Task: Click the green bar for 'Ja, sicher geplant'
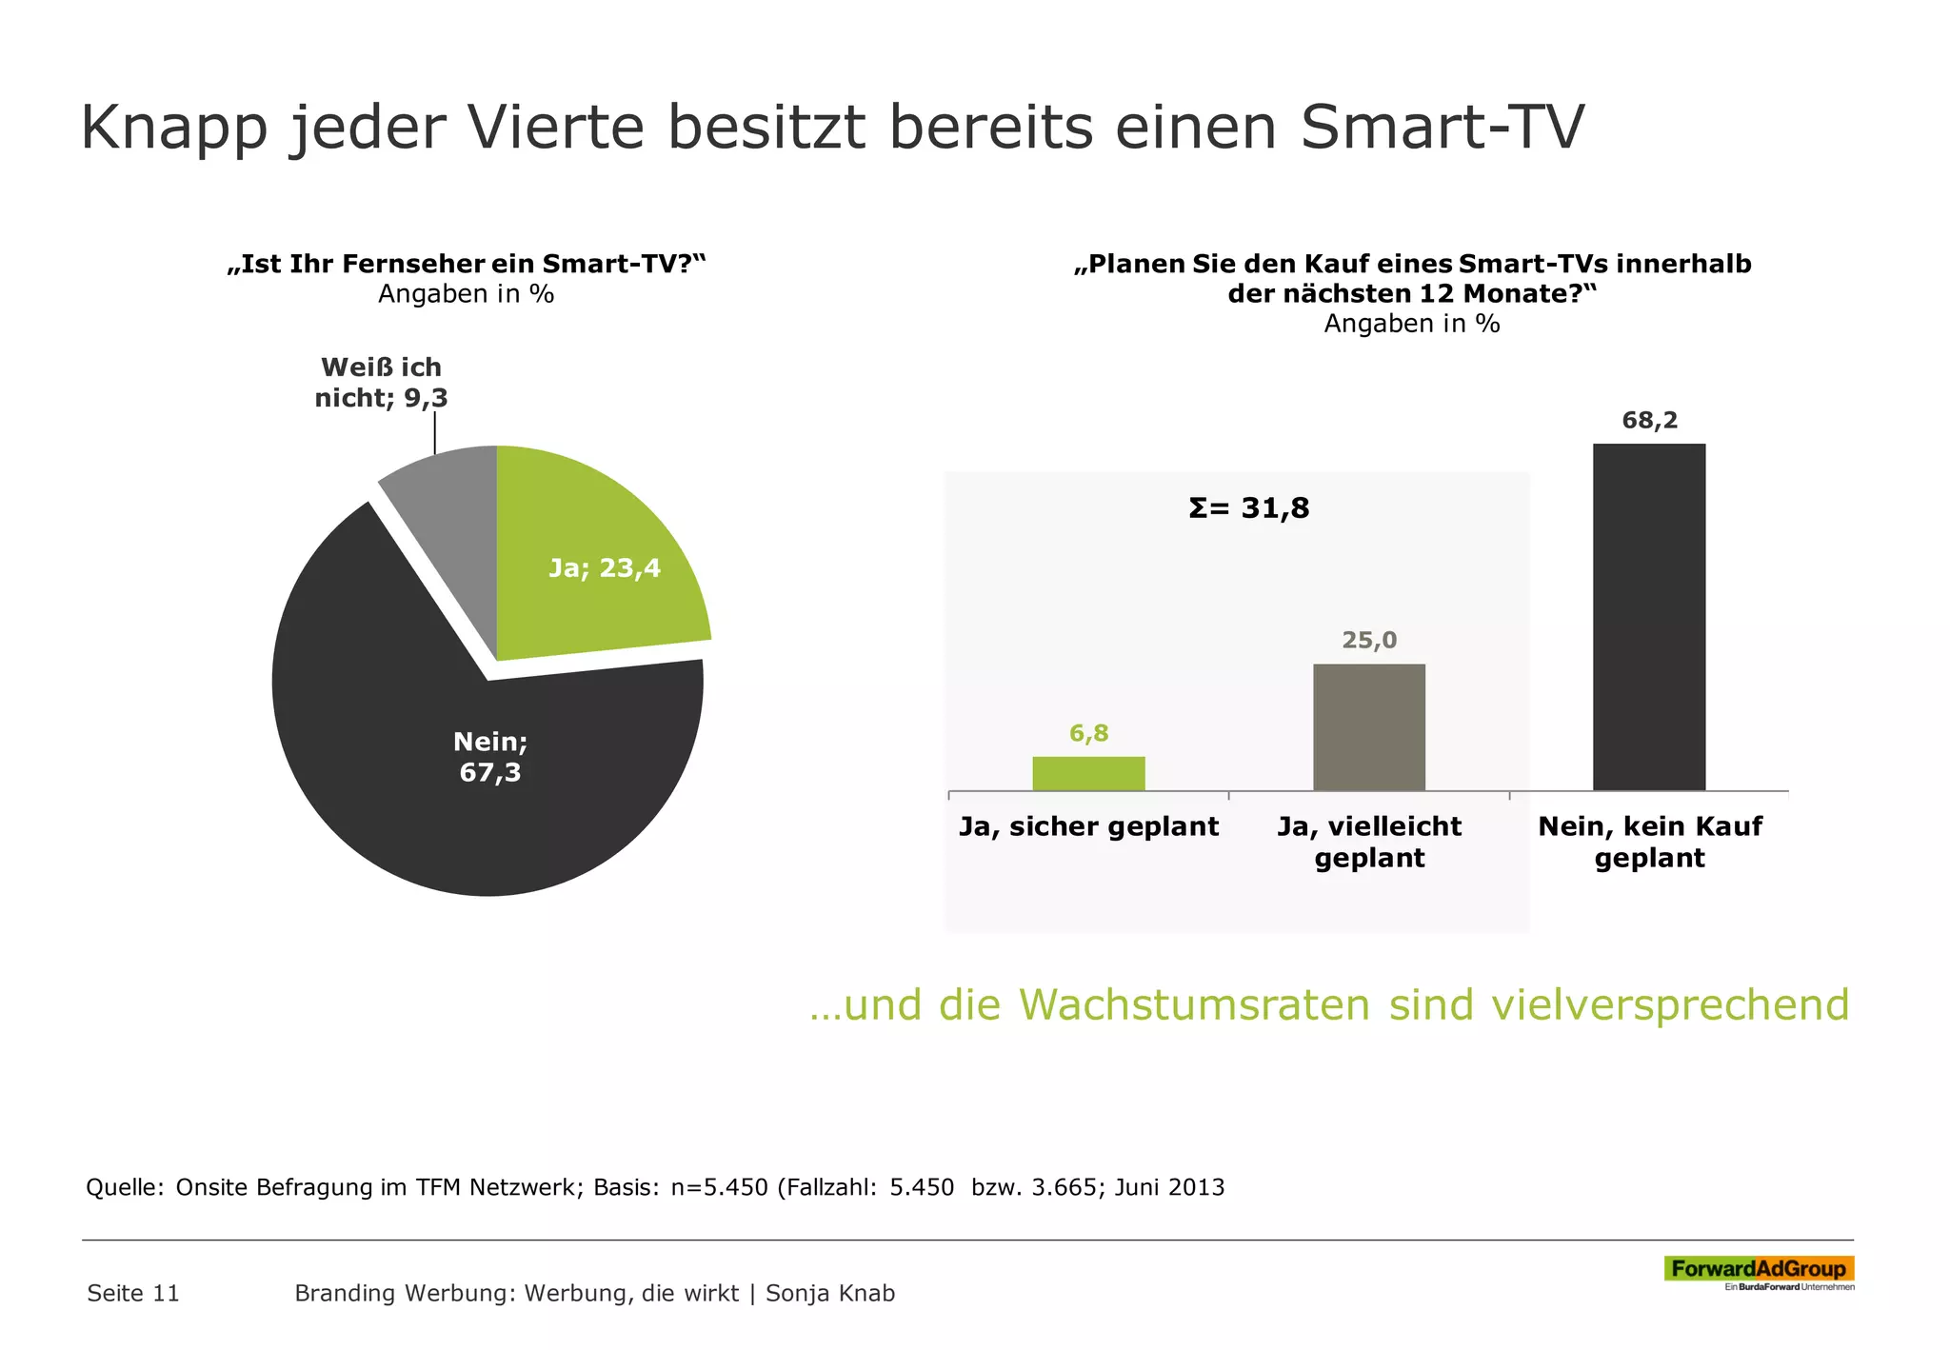tap(1088, 773)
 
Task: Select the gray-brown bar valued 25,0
tap(1368, 727)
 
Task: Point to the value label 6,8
tap(1088, 733)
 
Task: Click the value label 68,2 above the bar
tap(1649, 420)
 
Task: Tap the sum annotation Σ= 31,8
tap(1248, 508)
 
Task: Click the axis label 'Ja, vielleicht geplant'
tap(1368, 842)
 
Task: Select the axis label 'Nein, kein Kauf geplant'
tap(1649, 842)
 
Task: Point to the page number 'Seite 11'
tap(133, 1293)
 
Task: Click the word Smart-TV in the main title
tap(1442, 127)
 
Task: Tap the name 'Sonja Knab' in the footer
tap(829, 1293)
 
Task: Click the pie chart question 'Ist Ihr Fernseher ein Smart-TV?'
tap(467, 264)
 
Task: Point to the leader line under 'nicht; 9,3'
tap(435, 428)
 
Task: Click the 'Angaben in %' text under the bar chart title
tap(1411, 324)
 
